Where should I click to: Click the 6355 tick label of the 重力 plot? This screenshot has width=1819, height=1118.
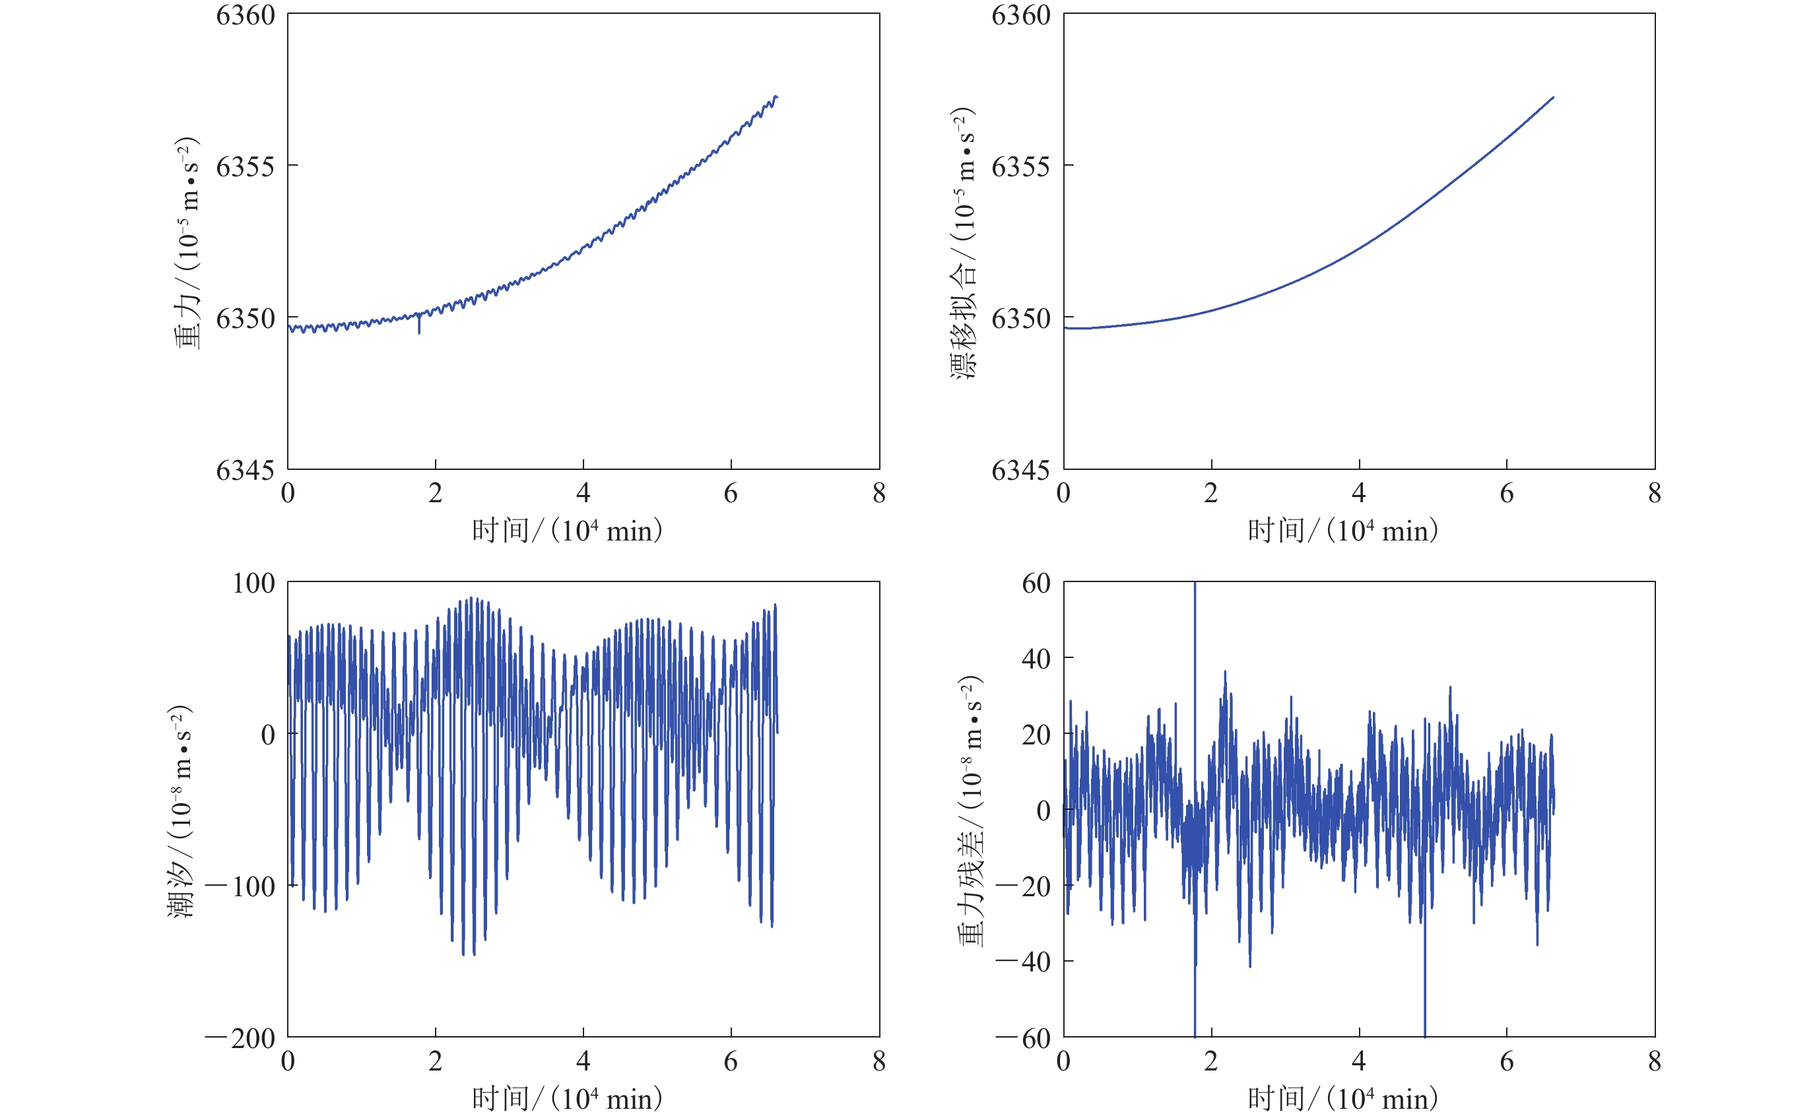(245, 166)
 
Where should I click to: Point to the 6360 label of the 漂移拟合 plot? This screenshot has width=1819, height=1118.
(1020, 15)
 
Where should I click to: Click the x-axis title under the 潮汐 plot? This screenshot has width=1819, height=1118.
(567, 1099)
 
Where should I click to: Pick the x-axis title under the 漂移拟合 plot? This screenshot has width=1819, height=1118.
(1343, 531)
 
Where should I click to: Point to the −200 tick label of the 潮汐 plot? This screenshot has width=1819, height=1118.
(241, 1038)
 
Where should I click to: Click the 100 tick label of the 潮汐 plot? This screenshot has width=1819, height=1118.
(253, 583)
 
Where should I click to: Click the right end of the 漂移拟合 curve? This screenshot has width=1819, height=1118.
(1553, 98)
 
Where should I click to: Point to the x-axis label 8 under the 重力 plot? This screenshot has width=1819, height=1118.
(878, 493)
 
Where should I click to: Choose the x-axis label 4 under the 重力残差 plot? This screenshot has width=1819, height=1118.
(1359, 1062)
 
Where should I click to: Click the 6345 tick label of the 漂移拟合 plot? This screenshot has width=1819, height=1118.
(1020, 471)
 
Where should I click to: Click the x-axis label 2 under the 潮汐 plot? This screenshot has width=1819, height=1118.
(436, 1062)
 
